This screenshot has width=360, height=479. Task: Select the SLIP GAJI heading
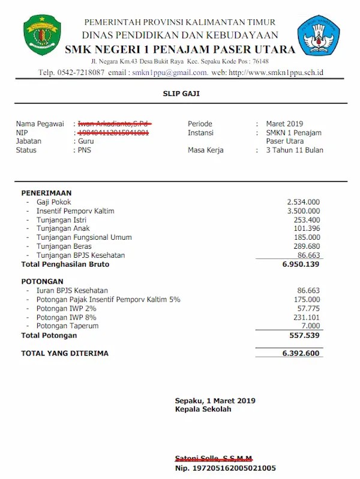[179, 94]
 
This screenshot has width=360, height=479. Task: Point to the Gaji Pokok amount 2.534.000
[303, 202]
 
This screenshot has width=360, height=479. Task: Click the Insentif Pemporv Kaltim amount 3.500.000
[303, 211]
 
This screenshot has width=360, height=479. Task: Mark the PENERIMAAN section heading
[46, 193]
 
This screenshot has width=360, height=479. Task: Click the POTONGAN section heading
[41, 281]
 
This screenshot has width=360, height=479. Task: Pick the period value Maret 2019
[285, 124]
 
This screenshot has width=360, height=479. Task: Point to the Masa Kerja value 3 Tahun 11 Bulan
[295, 150]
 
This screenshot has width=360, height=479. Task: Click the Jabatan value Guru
[86, 141]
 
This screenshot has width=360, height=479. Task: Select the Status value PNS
[85, 150]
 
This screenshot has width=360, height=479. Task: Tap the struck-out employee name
[113, 123]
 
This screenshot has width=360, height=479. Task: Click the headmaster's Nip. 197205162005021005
[226, 468]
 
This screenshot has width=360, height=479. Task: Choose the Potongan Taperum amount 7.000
[310, 326]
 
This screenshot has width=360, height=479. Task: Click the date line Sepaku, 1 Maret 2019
[215, 400]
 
